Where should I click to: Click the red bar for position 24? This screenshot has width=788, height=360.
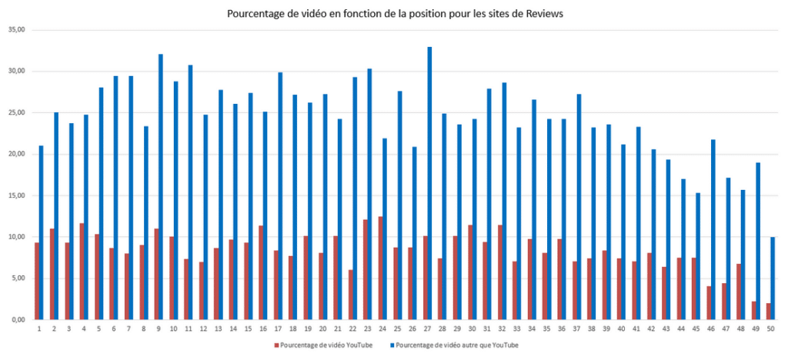pos(380,268)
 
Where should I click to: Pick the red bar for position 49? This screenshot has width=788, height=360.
pos(753,310)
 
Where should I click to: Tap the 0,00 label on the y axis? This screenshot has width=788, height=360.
pos(18,319)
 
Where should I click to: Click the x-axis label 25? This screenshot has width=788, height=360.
pos(396,328)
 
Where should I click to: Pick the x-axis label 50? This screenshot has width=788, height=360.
pos(770,328)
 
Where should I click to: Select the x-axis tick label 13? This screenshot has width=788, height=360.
pos(218,328)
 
